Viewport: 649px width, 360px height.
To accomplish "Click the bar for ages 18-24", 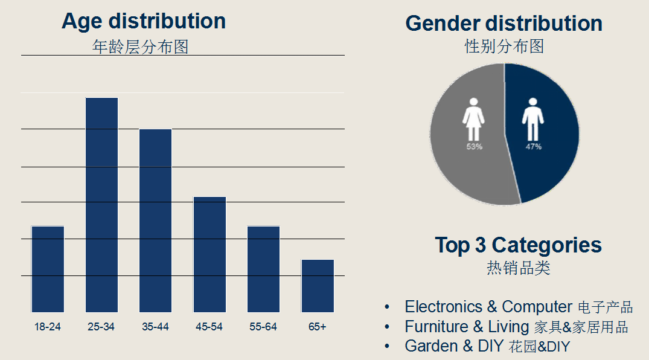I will click(48, 269).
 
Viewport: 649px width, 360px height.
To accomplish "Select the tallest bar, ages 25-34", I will click(101, 205).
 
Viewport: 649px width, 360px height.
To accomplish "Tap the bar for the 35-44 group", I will click(155, 220).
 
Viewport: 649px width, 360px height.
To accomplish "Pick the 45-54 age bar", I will click(209, 254).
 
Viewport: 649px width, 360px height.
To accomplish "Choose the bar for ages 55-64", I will click(263, 269).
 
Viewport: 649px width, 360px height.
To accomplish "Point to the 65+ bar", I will click(318, 286).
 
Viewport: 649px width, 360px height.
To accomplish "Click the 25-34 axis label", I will click(101, 327).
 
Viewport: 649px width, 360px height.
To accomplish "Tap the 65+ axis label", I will click(317, 327).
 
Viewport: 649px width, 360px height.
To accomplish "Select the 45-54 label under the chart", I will click(209, 327).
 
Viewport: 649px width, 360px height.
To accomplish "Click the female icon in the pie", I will click(474, 120).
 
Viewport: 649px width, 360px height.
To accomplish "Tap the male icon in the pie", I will click(533, 120).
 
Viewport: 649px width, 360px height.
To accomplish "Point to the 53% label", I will click(474, 147).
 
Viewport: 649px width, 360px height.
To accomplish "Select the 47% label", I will click(533, 147).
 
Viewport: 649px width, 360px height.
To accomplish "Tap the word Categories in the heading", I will click(546, 245).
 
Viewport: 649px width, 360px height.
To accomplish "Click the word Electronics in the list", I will click(444, 307).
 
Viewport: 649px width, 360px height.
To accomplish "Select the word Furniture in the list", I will click(436, 327).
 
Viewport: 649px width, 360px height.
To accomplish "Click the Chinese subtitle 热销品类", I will click(519, 268).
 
